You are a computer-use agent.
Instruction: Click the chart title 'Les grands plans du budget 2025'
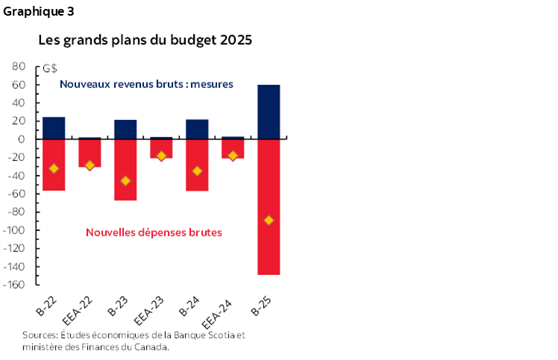[145, 40]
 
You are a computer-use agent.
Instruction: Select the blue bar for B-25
[268, 112]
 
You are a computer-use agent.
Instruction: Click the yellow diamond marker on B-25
[268, 220]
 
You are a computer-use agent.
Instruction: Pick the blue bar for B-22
[54, 128]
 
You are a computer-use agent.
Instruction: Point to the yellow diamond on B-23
[125, 181]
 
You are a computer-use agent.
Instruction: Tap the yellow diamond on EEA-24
[232, 156]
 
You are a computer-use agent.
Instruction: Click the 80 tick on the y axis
[20, 66]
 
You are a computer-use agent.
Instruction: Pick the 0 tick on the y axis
[23, 139]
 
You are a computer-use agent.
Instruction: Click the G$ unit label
[50, 69]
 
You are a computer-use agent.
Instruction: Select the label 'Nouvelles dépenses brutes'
[154, 233]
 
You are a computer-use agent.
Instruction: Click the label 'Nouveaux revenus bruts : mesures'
[146, 84]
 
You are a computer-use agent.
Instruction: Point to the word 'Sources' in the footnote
[39, 335]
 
